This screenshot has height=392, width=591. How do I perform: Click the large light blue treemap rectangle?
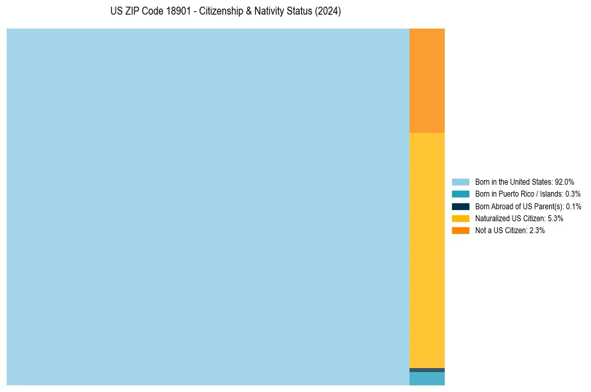click(x=207, y=207)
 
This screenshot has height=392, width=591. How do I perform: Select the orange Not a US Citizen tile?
click(x=427, y=80)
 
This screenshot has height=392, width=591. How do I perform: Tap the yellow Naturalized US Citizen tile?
click(x=427, y=250)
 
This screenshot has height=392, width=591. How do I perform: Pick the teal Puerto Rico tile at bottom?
click(x=427, y=379)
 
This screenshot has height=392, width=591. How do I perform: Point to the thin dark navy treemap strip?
click(x=427, y=370)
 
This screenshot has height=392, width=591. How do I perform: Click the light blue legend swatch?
click(x=461, y=181)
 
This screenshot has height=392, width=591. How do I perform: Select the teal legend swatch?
click(x=461, y=194)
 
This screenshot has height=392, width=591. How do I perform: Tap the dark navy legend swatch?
click(x=461, y=206)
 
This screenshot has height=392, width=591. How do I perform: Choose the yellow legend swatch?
click(x=461, y=218)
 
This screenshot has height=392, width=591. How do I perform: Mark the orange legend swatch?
click(x=461, y=231)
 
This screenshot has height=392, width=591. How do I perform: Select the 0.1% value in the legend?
click(x=573, y=206)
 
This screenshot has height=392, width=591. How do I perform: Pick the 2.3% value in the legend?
click(x=536, y=231)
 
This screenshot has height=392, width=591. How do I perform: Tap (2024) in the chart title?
click(x=329, y=12)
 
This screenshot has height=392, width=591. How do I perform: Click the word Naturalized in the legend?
click(x=491, y=218)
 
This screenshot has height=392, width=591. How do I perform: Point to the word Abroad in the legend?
click(x=500, y=206)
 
